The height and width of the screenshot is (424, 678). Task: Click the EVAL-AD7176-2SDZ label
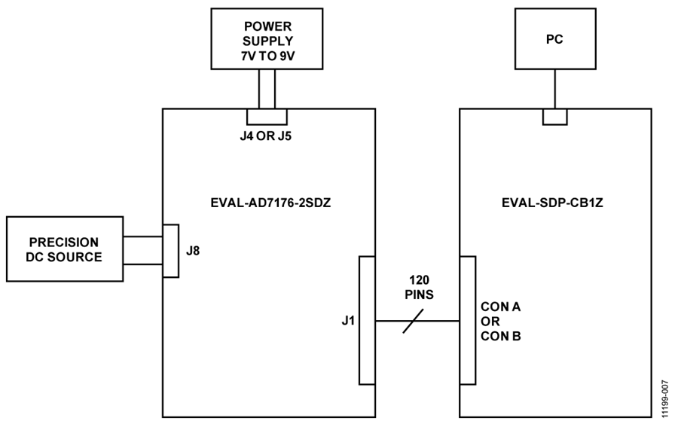tap(270, 203)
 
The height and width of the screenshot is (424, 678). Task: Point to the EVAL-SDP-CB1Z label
tap(552, 203)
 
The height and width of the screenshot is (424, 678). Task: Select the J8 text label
tap(193, 251)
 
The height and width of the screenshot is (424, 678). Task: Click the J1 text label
tap(348, 321)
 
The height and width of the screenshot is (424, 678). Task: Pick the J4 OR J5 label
tap(266, 136)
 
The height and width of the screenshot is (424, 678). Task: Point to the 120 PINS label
tap(419, 287)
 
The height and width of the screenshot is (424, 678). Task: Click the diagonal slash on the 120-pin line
tap(413, 321)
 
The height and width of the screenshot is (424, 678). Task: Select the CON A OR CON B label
tap(501, 321)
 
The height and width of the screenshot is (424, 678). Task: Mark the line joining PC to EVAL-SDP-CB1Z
tap(555, 89)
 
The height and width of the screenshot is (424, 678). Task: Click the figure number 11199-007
tap(665, 399)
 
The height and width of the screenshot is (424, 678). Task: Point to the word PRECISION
tap(64, 242)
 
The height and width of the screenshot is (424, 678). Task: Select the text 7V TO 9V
tap(267, 56)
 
